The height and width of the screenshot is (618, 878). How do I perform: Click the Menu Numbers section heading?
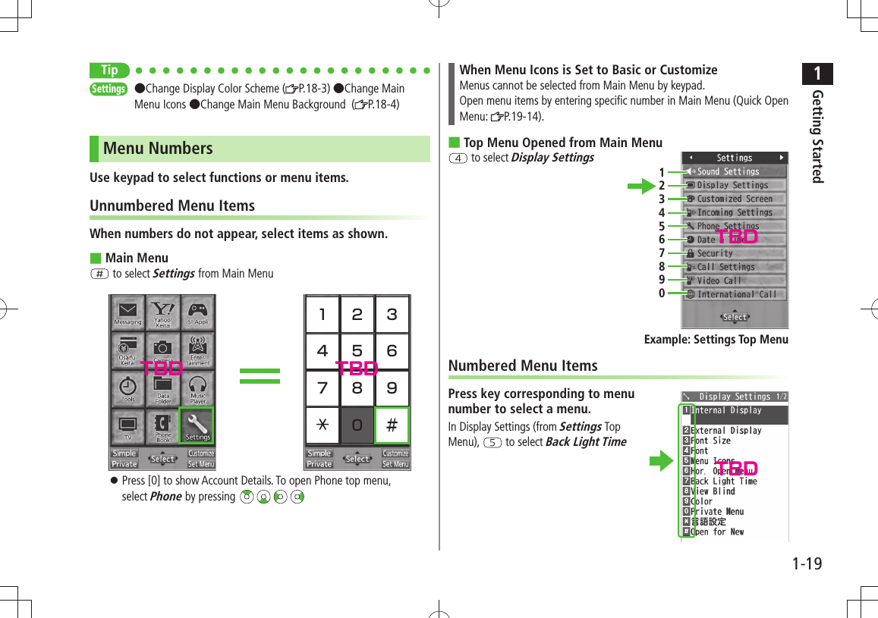point(158,149)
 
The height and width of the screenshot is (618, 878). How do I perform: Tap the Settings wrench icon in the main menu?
point(197,425)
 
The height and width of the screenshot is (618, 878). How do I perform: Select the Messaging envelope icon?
point(127,312)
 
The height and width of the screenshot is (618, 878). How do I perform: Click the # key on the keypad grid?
point(392,425)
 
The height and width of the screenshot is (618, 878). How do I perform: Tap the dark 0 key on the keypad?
point(357,425)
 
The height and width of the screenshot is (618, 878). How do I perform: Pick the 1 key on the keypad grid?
point(323,314)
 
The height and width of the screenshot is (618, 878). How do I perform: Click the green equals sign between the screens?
point(260,375)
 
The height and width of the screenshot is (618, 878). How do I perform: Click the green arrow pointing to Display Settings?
point(640,185)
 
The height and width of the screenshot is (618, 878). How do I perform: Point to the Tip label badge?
point(109,71)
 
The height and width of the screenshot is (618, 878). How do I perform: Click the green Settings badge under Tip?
point(109,89)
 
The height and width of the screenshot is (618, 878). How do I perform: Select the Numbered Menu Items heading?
point(523,365)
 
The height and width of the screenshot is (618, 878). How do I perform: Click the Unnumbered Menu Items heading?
point(172,205)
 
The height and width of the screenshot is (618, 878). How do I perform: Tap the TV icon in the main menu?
point(127,425)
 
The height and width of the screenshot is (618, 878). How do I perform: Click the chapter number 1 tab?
point(817,74)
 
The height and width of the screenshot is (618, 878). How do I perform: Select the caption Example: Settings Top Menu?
point(716,339)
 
